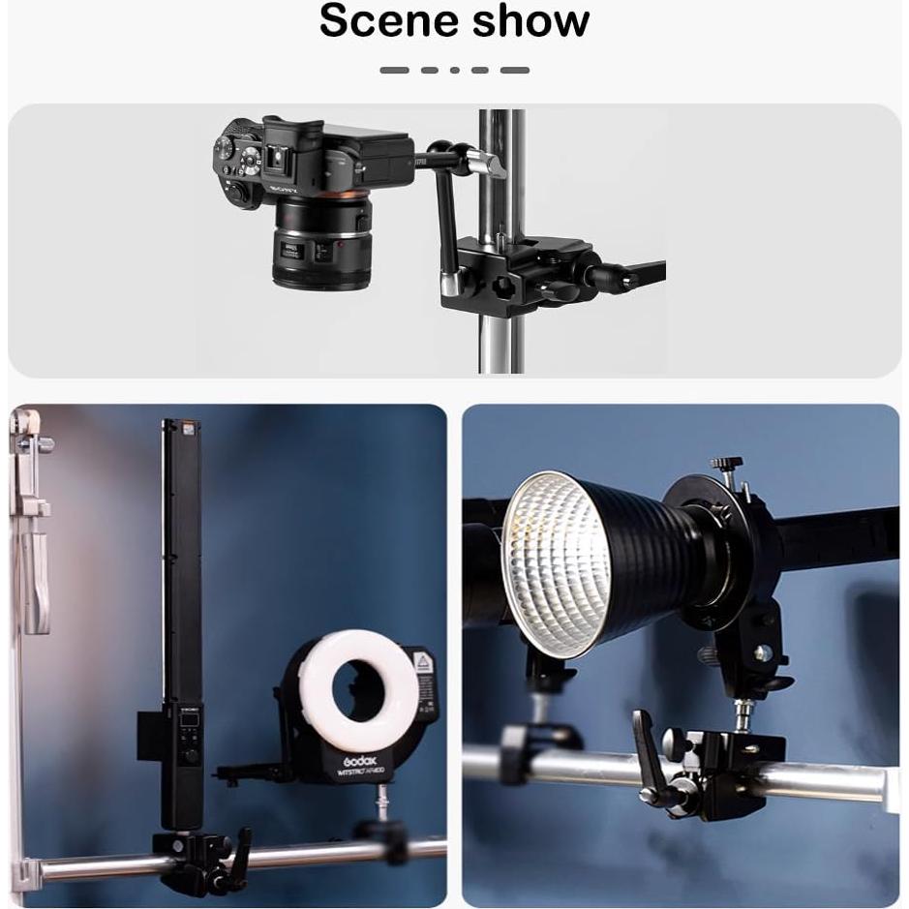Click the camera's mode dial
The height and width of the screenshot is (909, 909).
coord(226,148)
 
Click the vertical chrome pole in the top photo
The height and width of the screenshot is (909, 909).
coord(501,319)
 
